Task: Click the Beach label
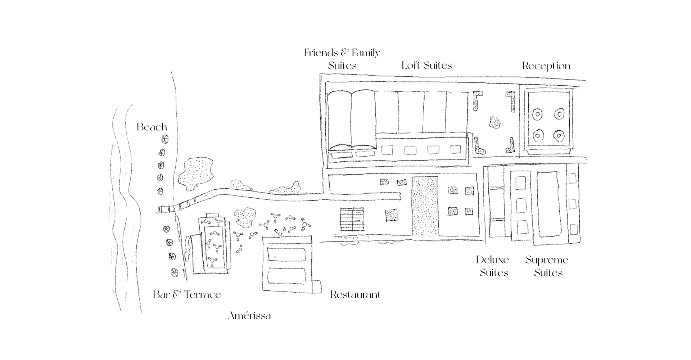click(152, 127)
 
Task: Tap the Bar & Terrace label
click(187, 295)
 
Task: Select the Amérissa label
click(249, 316)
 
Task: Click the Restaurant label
click(356, 295)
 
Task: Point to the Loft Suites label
click(427, 66)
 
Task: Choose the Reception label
click(546, 66)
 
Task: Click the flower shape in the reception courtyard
click(495, 123)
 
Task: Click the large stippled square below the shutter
click(391, 215)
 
